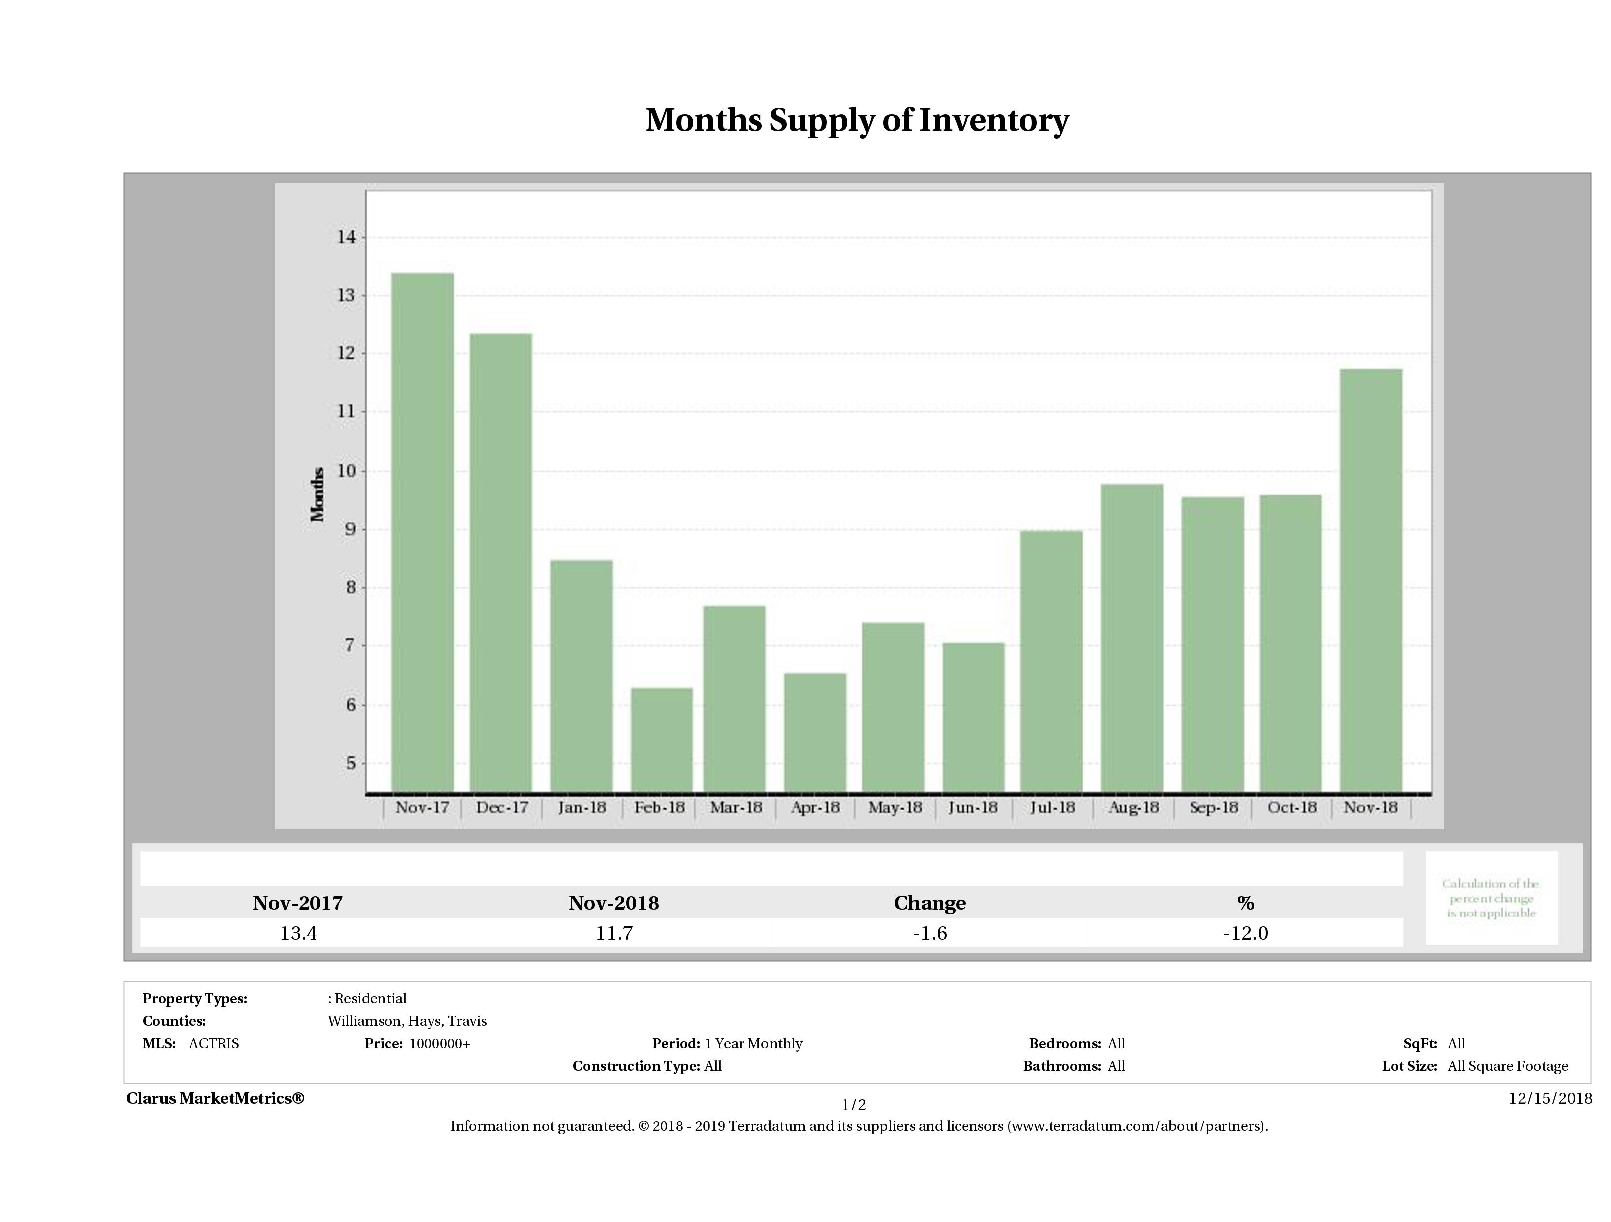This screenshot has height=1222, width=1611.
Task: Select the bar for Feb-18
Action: [661, 739]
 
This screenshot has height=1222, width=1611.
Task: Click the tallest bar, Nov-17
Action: [422, 532]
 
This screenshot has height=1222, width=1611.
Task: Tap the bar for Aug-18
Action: [1132, 638]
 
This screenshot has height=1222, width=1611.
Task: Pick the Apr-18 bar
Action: [815, 732]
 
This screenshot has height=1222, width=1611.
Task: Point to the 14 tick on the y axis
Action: [346, 237]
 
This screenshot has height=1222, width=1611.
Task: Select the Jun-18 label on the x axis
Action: [973, 808]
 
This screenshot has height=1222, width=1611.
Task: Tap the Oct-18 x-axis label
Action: [1291, 808]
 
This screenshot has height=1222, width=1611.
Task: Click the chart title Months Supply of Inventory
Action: [857, 120]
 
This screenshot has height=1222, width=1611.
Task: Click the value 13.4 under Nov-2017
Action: [298, 933]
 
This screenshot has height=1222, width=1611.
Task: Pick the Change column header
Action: [930, 903]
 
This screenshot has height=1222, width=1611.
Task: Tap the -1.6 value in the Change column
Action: [930, 933]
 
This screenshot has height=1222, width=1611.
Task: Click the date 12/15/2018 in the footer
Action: [1550, 1098]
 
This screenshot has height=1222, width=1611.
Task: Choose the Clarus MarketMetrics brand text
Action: [215, 1098]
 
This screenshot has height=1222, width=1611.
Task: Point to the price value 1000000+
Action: [439, 1044]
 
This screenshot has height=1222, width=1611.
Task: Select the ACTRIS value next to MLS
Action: [213, 1044]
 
